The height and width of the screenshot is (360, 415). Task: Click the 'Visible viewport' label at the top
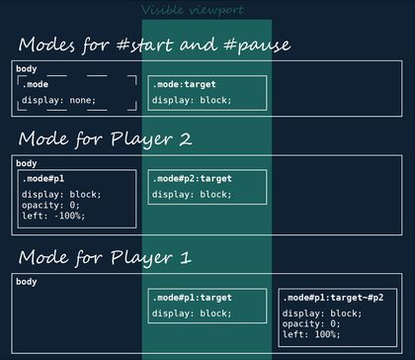[206, 10]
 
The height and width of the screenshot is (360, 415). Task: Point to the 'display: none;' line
[57, 101]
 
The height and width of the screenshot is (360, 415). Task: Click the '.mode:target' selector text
[185, 85]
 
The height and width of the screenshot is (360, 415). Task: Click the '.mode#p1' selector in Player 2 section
[43, 178]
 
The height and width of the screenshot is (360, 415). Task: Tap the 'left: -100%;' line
[53, 215]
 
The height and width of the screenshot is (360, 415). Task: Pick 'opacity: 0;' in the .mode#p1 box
[50, 205]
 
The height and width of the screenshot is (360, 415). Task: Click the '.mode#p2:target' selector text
[192, 179]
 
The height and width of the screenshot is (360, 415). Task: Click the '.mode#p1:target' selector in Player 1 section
[192, 298]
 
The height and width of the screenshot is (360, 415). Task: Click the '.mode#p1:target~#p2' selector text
[334, 298]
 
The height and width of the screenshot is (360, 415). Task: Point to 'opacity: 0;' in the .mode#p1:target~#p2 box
[311, 323]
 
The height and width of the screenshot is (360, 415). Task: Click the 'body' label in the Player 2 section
[27, 162]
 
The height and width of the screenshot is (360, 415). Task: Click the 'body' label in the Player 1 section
[27, 282]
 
